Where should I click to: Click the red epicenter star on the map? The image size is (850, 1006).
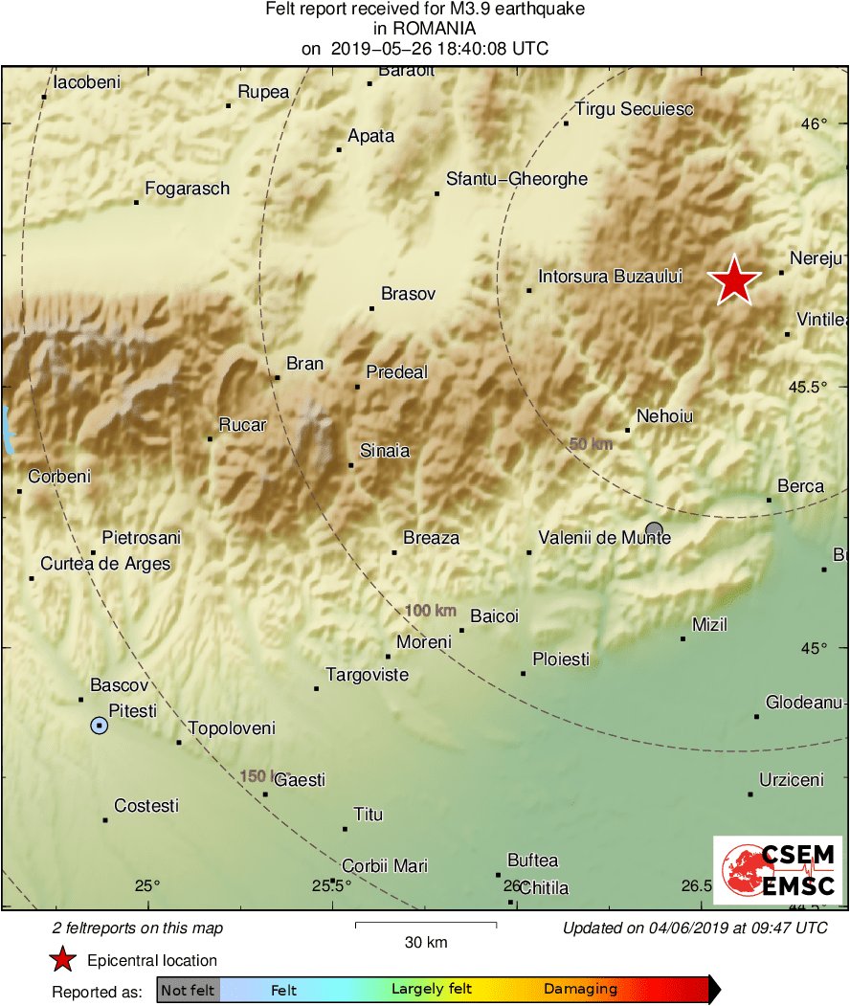pos(734,281)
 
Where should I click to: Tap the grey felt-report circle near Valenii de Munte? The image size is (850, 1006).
pos(654,529)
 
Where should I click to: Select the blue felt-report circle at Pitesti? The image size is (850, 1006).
pos(100,726)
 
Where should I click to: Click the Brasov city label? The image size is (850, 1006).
pos(408,294)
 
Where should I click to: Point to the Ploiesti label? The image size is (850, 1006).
pos(561,659)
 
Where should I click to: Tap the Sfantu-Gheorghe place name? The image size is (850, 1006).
pos(517,179)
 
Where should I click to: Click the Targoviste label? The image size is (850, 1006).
pos(367,675)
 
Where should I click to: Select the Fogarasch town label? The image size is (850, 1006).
pos(187,189)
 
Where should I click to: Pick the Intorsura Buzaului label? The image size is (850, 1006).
pos(611,277)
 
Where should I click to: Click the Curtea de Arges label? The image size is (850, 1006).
pos(105,564)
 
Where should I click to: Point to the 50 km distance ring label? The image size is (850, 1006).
pos(591,444)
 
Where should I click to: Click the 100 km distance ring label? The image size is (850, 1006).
pos(430,611)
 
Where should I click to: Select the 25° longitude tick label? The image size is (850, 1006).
pos(147,885)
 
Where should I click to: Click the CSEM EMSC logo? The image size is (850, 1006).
pos(777,870)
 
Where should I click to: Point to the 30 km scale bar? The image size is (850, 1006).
pos(426,924)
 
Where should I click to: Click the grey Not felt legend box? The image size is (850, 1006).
pos(188,990)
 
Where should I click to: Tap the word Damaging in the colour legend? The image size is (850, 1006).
pos(580,990)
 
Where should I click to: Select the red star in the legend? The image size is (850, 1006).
pos(63,960)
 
